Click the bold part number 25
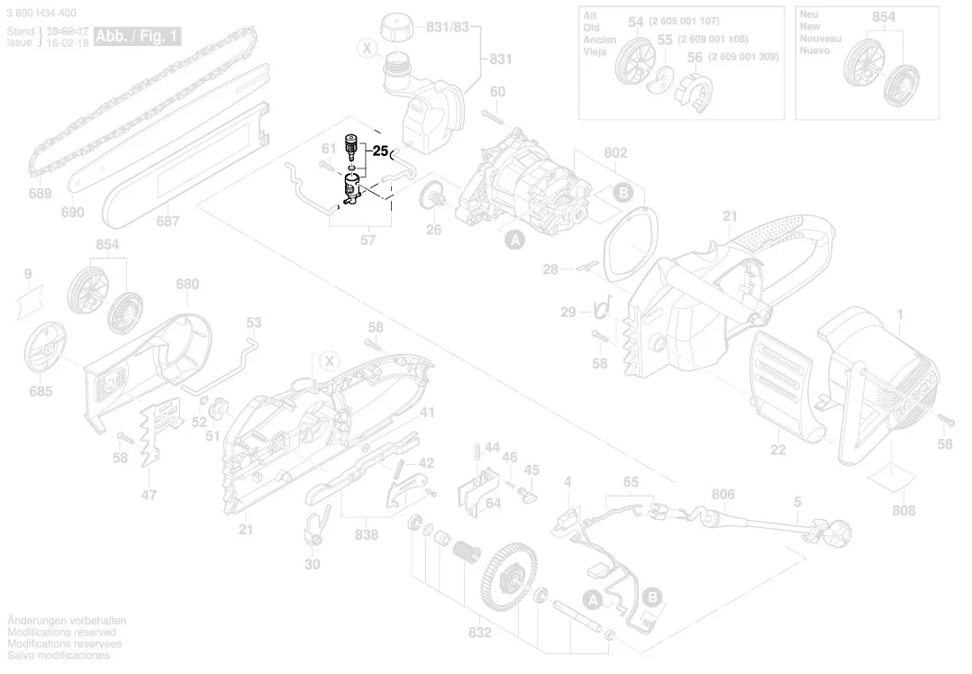(379, 151)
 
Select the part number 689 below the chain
(40, 194)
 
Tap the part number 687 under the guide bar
(168, 221)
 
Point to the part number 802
(615, 153)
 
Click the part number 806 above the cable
(722, 494)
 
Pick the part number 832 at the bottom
(479, 633)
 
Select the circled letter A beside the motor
(514, 240)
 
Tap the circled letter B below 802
(622, 192)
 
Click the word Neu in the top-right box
(808, 15)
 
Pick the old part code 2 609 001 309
(743, 56)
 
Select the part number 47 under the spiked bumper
(150, 494)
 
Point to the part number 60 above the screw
(497, 91)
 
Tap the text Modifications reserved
(61, 633)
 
